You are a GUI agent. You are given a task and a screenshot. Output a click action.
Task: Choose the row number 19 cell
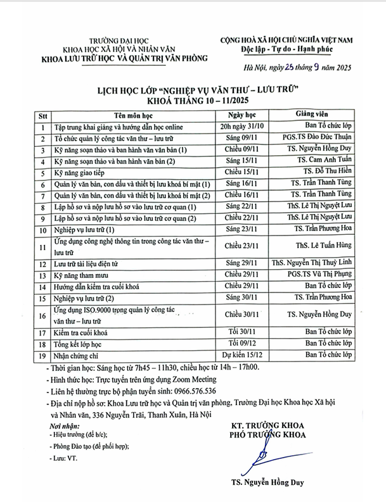tap(43, 355)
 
